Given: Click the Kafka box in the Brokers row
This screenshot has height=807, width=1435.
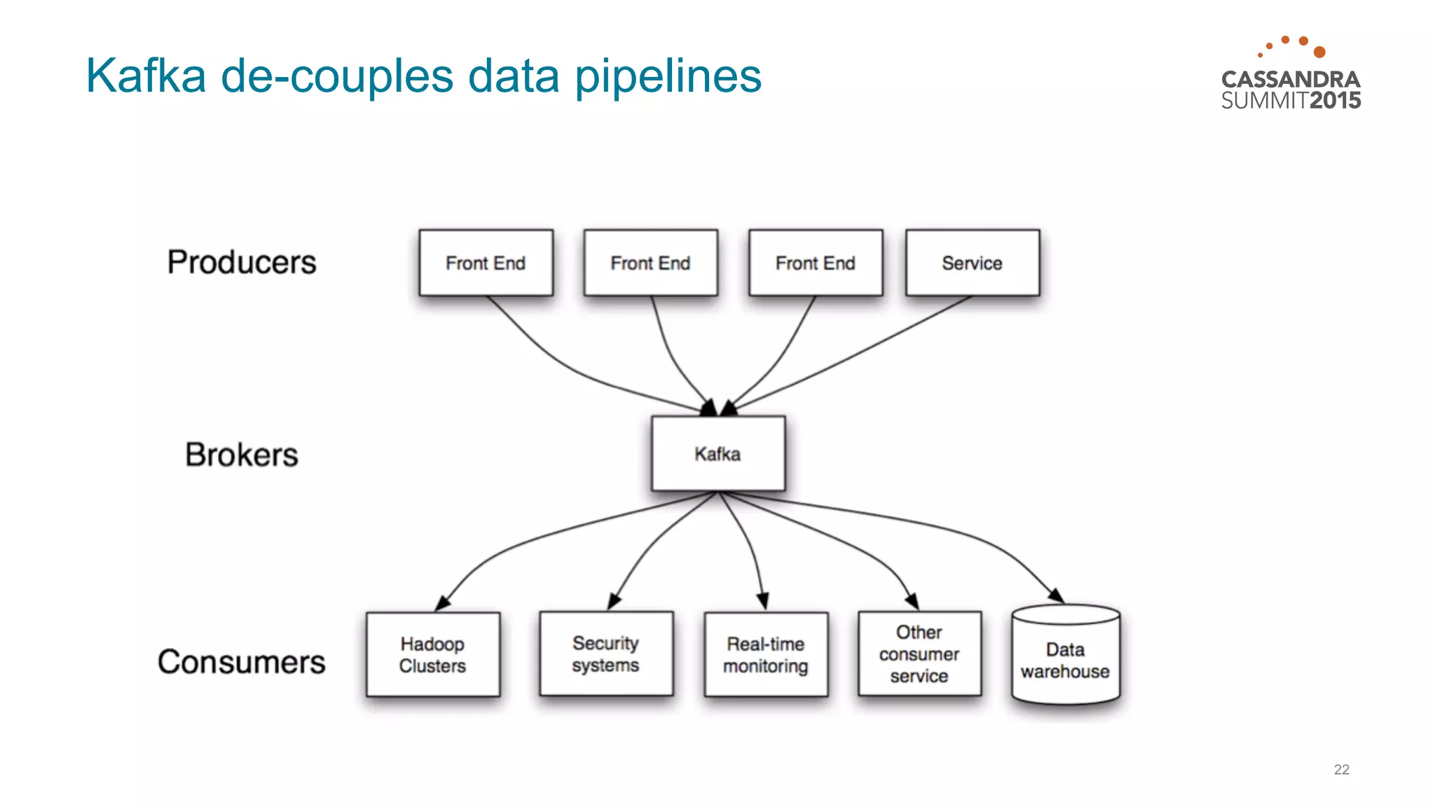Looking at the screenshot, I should click(x=717, y=454).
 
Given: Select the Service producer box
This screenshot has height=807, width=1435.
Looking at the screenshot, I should click(x=972, y=263).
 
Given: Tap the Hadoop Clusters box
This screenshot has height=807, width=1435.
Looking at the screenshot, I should click(x=432, y=654).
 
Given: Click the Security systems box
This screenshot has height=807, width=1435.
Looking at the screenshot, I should click(x=605, y=654).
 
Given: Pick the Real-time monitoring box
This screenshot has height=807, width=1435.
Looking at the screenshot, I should click(x=765, y=654).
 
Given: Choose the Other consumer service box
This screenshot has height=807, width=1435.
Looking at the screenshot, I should click(x=919, y=654).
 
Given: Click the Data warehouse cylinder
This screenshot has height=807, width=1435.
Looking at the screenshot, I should click(x=1065, y=658).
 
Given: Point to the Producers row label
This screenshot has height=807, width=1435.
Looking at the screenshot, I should click(x=242, y=262).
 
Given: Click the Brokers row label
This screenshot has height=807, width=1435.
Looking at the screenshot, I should click(x=242, y=455).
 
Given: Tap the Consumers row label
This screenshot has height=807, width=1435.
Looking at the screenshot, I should click(x=242, y=662).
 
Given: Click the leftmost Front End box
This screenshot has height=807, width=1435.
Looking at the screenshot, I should click(x=486, y=263).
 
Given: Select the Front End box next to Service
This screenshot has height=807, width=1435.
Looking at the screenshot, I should click(x=815, y=263).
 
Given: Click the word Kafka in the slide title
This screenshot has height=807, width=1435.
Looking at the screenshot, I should click(x=146, y=76).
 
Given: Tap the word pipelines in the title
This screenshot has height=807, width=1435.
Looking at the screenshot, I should click(x=668, y=76).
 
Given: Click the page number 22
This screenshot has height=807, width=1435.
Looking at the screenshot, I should click(x=1341, y=769).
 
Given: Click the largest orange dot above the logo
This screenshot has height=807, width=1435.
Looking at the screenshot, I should click(x=1319, y=52).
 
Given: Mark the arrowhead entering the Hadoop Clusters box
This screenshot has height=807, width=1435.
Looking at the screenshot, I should click(x=442, y=603).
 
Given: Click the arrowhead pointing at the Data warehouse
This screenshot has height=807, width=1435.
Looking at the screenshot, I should click(x=1056, y=595).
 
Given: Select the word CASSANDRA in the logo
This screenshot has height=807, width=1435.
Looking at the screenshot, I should click(x=1291, y=79).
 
